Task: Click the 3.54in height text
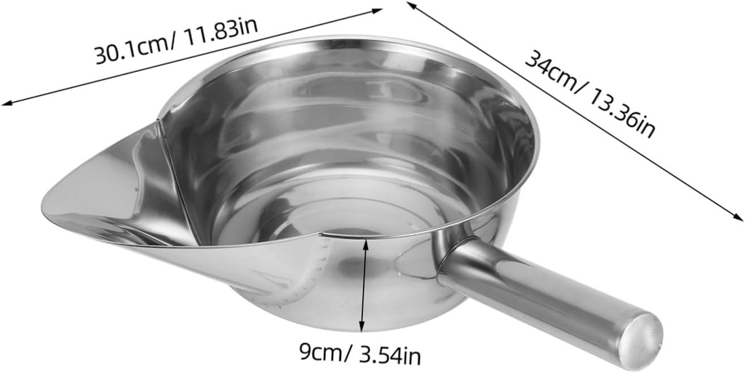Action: tap(385, 356)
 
